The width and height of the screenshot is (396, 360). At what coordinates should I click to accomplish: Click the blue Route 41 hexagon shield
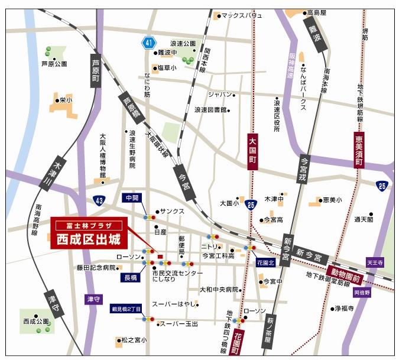(x=148, y=43)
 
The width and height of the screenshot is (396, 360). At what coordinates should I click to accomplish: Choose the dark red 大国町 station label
(x=252, y=152)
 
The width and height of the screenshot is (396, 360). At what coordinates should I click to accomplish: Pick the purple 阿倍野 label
(x=362, y=292)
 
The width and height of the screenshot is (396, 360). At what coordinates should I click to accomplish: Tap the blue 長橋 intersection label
(x=131, y=277)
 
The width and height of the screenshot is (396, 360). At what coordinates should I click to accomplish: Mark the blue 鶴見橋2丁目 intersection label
(x=126, y=309)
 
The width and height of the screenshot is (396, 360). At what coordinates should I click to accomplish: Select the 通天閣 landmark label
(x=363, y=219)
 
